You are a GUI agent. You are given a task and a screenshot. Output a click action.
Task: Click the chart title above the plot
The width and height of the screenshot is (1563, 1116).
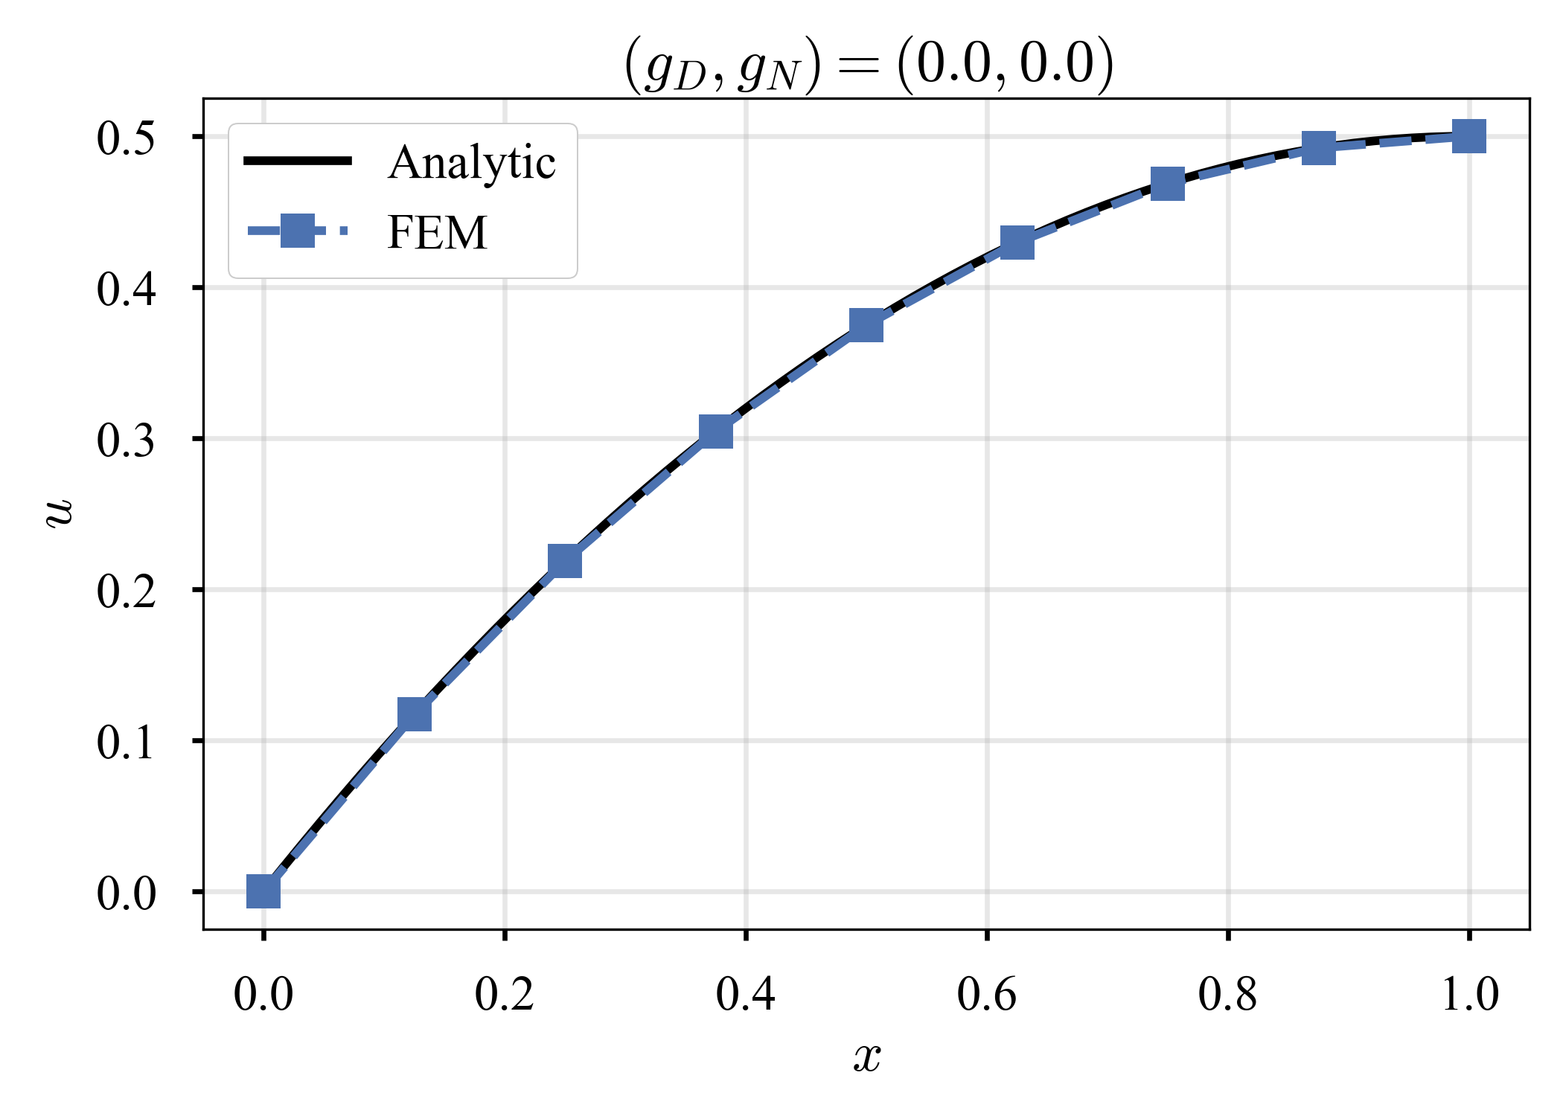868,65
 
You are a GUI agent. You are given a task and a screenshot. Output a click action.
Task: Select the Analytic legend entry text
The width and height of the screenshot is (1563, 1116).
471,162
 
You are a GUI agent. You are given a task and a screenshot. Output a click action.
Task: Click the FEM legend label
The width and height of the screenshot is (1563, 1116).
437,232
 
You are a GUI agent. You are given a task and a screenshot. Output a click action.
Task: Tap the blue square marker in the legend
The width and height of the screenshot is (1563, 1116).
297,231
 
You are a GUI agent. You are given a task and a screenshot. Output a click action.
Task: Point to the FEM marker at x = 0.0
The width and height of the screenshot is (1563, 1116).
263,891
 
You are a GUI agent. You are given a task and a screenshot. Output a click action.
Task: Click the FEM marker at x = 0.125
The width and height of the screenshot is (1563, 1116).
415,714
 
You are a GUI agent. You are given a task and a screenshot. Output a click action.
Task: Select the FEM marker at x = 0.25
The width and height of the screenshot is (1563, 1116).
564,560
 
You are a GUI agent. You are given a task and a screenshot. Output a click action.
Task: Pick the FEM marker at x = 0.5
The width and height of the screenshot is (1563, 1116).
866,325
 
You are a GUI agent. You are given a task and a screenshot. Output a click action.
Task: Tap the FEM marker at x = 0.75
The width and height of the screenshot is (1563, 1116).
1168,183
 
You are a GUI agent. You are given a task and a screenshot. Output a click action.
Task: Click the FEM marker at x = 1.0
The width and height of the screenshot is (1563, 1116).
1469,136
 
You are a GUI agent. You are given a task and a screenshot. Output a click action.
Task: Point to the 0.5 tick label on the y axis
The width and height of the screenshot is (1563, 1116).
126,138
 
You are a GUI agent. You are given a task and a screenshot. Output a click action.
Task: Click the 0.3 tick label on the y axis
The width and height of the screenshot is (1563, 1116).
126,440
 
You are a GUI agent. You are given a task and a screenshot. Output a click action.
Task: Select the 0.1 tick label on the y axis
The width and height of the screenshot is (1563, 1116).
126,743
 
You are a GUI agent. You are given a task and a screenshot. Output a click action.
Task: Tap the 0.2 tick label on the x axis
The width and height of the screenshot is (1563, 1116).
505,994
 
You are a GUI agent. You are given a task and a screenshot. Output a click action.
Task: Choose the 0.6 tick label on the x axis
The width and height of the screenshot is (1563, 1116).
987,994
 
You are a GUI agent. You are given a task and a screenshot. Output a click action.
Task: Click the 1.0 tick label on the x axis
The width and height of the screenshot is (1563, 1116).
1469,994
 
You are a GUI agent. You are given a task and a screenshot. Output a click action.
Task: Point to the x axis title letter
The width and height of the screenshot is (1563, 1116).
867,1056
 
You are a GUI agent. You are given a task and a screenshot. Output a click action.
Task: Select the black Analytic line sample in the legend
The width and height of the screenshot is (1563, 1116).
297,161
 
